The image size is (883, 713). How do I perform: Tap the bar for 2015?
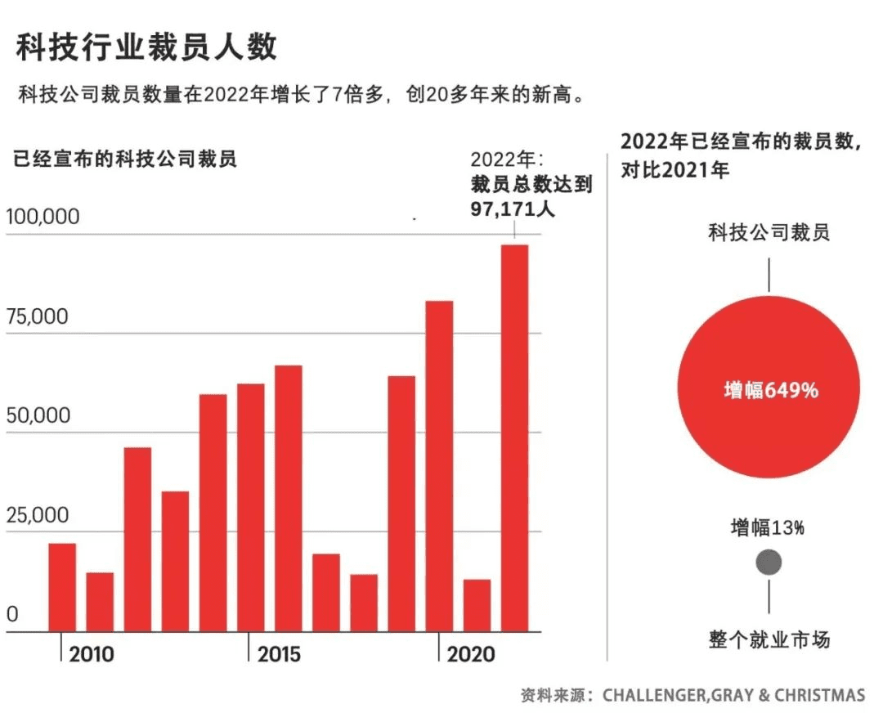(288, 499)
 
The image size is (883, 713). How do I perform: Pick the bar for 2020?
(439, 466)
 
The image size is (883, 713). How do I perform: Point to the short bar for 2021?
(477, 605)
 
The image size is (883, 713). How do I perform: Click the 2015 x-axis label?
(279, 655)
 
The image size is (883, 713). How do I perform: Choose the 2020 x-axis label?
(471, 655)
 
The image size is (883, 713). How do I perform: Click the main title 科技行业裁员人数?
(147, 47)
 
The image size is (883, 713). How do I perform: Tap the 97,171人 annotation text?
(513, 209)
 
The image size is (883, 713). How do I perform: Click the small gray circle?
(769, 563)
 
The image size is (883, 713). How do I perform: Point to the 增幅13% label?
(768, 528)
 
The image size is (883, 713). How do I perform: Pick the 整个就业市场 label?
(769, 639)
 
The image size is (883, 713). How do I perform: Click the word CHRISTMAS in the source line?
(819, 696)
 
